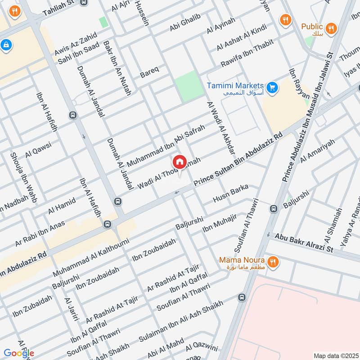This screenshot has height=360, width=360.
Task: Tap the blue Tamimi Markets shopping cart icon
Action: pos(271,87)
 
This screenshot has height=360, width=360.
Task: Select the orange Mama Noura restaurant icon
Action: pos(272,261)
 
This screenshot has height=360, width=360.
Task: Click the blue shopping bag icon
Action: pos(7,45)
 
